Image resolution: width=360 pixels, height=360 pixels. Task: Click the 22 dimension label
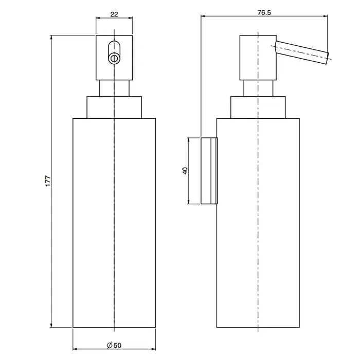coord(114,14)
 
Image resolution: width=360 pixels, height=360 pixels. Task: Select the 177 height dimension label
coord(48,181)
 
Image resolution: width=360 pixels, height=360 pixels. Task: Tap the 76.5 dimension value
coord(264,13)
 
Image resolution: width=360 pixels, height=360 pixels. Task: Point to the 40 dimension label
coord(185,171)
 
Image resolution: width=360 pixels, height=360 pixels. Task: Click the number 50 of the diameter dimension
coord(117,345)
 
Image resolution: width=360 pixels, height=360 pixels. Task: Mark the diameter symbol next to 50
coord(110,345)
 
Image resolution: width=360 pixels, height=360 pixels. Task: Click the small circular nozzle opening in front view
coord(114,58)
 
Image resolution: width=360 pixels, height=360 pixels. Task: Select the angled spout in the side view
coord(302,52)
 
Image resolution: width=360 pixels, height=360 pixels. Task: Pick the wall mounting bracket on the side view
coord(209,171)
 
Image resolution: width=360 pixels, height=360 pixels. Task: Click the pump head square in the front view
coord(114,58)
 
